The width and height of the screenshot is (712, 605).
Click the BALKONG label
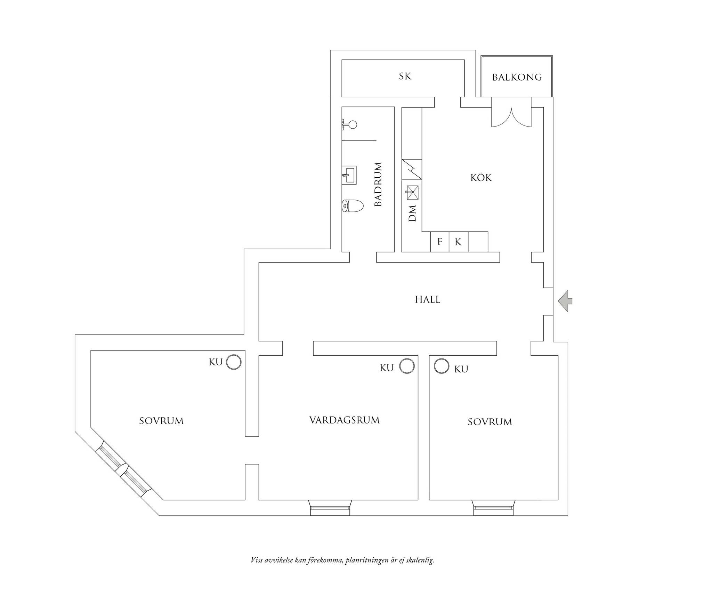click(517, 77)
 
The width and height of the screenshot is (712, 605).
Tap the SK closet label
click(405, 76)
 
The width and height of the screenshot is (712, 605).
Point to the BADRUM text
click(378, 184)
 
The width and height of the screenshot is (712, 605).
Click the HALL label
click(427, 299)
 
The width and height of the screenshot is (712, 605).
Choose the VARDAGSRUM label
click(344, 420)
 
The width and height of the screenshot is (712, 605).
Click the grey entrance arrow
click(565, 301)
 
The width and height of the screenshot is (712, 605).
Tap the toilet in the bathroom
click(353, 206)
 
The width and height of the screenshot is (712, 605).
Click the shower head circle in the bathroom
click(353, 124)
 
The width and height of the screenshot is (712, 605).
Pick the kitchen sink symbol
click(412, 193)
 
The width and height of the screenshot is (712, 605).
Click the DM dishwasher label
click(412, 213)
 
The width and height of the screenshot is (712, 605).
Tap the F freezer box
click(440, 242)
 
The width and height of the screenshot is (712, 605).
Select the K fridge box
click(459, 242)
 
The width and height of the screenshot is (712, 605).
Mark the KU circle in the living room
click(407, 366)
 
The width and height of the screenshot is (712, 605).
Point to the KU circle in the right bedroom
click(442, 366)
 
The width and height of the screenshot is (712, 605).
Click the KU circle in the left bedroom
click(234, 362)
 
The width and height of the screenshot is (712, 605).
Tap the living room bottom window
click(330, 508)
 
